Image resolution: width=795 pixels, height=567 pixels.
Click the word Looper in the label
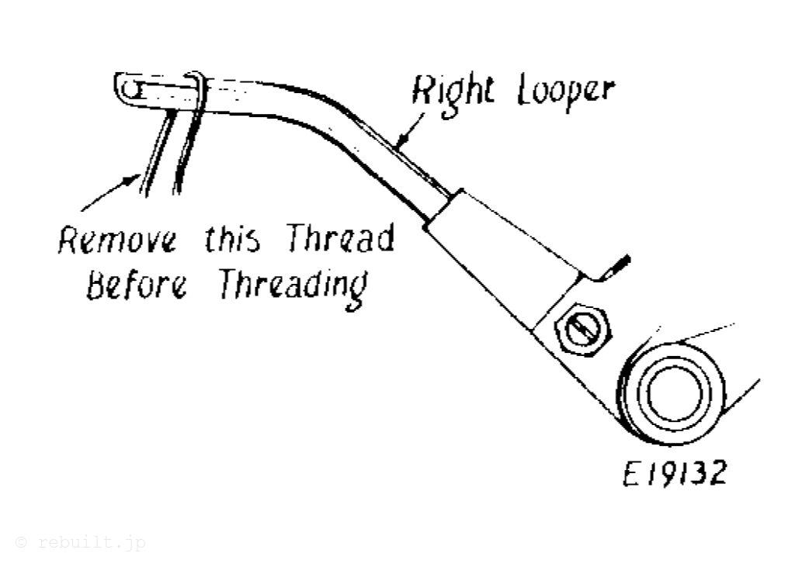564,92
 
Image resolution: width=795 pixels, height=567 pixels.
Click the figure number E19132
675,472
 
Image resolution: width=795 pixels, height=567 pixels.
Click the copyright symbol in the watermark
21,542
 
